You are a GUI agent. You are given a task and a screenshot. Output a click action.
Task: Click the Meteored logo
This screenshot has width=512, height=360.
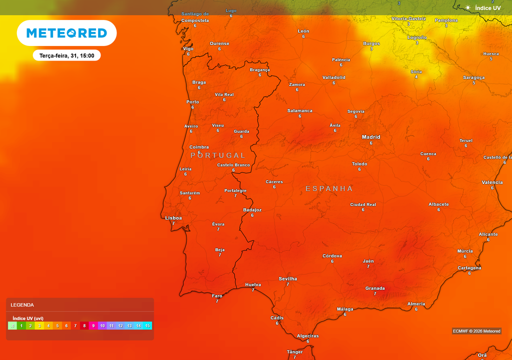pyautogui.click(x=66, y=33)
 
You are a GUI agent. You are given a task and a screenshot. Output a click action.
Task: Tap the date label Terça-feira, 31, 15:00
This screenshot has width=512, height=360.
pyautogui.click(x=67, y=55)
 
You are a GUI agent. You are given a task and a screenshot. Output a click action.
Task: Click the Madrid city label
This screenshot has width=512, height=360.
pyautogui.click(x=371, y=137)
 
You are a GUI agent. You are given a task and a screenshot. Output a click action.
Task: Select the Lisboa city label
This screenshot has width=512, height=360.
pyautogui.click(x=173, y=218)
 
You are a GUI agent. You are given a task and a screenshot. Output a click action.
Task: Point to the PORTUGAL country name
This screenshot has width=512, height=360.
pyautogui.click(x=218, y=155)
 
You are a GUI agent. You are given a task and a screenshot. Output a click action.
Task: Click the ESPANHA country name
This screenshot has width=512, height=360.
pyautogui.click(x=329, y=188)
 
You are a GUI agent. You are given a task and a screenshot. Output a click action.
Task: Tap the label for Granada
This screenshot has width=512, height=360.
pyautogui.click(x=375, y=288)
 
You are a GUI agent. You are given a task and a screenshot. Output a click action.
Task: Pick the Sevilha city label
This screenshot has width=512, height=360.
pyautogui.click(x=287, y=278)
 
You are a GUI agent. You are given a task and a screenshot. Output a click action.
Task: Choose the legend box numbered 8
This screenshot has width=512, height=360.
pyautogui.click(x=84, y=325)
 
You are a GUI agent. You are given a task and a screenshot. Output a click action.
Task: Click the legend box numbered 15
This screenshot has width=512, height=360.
pyautogui.click(x=147, y=325)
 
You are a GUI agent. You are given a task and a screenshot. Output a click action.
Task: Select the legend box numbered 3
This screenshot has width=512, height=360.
pyautogui.click(x=39, y=325)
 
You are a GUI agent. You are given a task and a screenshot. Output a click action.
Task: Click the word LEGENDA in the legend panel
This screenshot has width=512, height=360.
pyautogui.click(x=22, y=304)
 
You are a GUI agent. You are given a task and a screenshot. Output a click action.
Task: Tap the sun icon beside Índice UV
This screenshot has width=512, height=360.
pyautogui.click(x=467, y=7)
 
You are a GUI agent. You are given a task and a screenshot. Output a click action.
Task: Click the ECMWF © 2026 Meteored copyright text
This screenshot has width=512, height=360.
pyautogui.click(x=476, y=331)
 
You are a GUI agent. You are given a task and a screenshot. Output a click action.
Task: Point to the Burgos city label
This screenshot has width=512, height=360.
pyautogui.click(x=371, y=43)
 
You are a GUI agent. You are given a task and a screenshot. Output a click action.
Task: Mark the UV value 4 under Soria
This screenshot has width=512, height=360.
pyautogui.click(x=416, y=77)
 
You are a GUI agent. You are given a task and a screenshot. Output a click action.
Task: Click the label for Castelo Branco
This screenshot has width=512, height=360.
pyautogui.click(x=233, y=165)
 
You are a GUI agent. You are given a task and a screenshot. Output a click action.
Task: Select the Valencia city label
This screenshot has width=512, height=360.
pyautogui.click(x=492, y=182)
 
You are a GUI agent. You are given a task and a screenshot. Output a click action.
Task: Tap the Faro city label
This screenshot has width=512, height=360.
pyautogui.click(x=217, y=295)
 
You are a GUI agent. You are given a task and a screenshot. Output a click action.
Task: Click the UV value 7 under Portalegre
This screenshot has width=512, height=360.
pyautogui.click(x=235, y=195)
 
